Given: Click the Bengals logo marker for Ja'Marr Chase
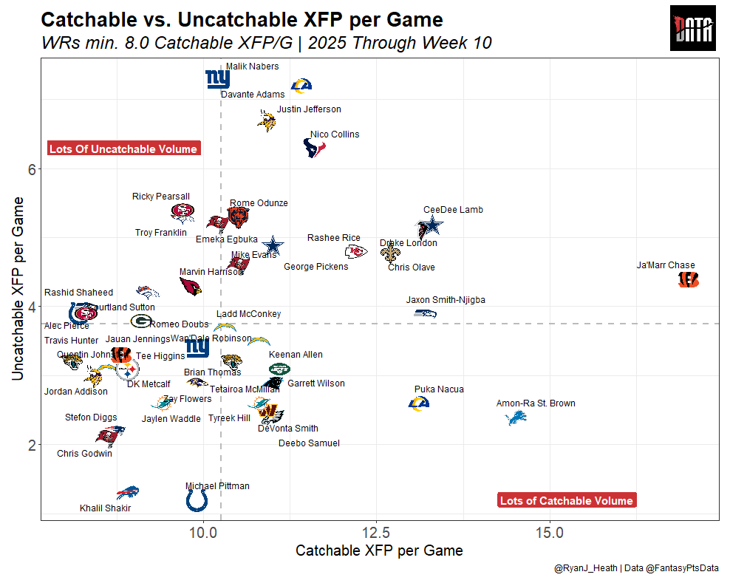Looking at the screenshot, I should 688,279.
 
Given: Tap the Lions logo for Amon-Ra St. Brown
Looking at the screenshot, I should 515,418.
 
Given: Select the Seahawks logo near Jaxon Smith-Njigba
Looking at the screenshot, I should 424,313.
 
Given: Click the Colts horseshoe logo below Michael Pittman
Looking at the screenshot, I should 197,501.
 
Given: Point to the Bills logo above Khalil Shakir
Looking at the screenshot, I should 129,492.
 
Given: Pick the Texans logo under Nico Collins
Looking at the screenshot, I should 315,149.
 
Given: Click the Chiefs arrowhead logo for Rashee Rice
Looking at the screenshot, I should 355,251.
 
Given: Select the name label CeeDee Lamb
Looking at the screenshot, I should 453,210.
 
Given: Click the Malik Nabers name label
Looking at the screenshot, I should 252,67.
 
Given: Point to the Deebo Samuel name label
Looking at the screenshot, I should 309,443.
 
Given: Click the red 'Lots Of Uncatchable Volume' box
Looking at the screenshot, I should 123,149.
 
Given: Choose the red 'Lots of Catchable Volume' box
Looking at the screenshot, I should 566,501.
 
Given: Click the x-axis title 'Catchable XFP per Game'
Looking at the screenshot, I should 379,550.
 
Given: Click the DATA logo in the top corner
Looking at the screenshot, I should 693,29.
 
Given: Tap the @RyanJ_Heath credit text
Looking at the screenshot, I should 587,568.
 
